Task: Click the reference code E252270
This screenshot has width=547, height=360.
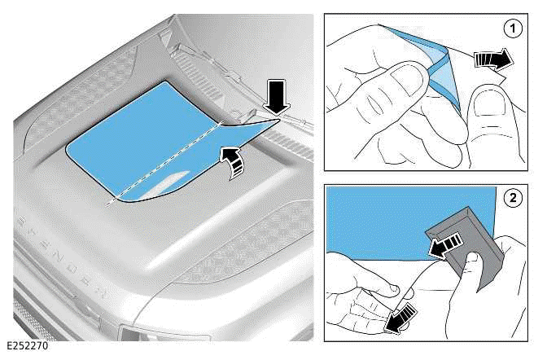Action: pos(27,346)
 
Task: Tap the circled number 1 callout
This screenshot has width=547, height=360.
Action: pos(513,29)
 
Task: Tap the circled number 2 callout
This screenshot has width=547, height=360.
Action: pos(513,198)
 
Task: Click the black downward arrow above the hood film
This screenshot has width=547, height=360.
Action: pos(276,98)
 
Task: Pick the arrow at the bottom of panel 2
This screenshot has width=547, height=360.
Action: pos(400,318)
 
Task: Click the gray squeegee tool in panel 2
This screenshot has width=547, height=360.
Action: pos(466,244)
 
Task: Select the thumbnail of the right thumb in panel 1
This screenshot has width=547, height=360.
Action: pos(488,103)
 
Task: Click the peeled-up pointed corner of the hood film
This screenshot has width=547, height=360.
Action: pos(278,120)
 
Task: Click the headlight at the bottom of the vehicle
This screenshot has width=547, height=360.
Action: pos(164,334)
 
